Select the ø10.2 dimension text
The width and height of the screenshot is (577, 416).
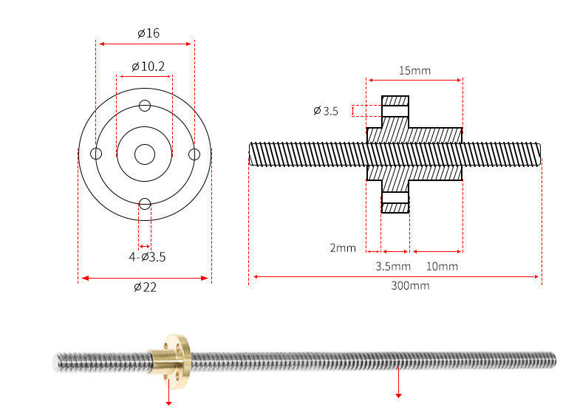coord(148,67)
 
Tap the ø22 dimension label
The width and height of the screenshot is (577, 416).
coord(145,287)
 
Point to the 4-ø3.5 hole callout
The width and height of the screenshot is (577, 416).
coord(147,257)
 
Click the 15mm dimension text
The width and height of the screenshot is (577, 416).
coord(414,71)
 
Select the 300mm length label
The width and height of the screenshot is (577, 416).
coord(410,285)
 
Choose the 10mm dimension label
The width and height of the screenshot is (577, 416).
coord(443,266)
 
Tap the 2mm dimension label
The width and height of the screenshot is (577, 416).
coord(343,248)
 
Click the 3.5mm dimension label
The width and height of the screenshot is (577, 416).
coord(393,266)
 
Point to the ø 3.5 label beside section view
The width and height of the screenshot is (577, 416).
coord(325,111)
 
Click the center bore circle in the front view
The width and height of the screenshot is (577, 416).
coord(145,154)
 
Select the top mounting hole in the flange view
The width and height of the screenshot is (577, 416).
coord(145,105)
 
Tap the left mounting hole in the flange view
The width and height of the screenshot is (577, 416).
coord(96,154)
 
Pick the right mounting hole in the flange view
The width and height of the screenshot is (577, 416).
coord(194,154)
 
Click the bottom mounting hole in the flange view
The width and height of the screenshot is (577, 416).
coord(145,204)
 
